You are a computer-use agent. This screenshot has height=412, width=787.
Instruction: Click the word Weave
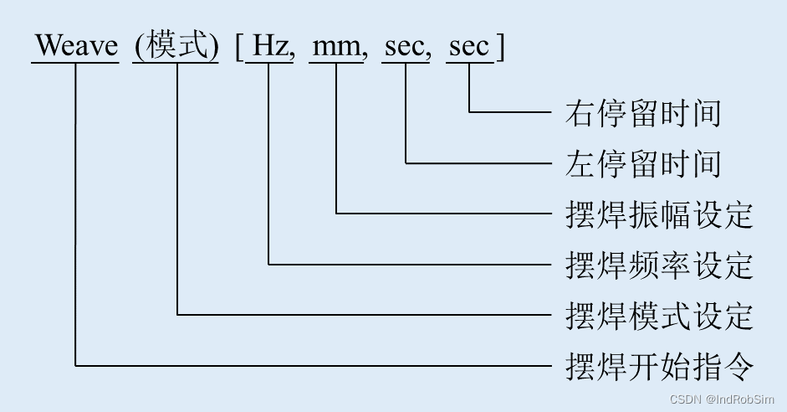[76, 46]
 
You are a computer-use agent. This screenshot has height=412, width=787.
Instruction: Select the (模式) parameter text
[177, 46]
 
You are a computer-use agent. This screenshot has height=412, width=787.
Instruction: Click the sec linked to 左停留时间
[406, 47]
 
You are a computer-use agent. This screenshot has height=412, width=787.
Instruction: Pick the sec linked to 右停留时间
[469, 47]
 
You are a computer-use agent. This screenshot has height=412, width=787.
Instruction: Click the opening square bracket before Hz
[239, 47]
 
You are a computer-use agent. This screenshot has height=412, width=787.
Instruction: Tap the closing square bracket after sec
[500, 47]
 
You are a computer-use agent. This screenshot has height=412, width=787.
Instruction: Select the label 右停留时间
[642, 112]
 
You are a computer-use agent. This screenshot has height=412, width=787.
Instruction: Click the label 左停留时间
[642, 162]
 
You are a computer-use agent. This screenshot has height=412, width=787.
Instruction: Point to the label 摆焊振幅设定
[660, 214]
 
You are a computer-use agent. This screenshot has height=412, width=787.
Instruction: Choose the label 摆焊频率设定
[660, 265]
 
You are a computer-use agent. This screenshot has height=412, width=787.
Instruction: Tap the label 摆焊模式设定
[660, 316]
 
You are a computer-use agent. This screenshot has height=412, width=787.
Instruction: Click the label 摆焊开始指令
[660, 367]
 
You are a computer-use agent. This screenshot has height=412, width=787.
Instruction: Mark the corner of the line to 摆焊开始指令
[75, 365]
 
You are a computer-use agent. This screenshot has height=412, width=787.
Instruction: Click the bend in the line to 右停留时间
[469, 111]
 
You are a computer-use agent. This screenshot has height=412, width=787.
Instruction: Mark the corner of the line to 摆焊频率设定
[269, 264]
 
